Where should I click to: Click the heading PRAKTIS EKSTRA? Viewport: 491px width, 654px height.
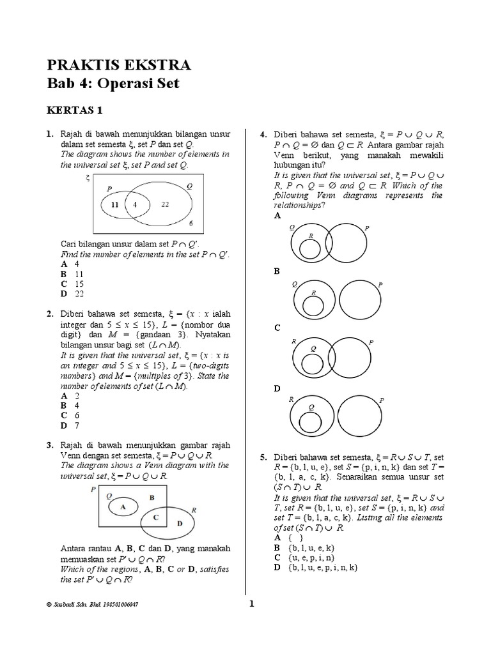118,65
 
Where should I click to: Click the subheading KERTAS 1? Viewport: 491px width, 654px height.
74,110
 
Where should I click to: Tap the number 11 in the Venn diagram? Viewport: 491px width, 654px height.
114,205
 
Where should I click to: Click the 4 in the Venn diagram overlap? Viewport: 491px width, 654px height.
135,205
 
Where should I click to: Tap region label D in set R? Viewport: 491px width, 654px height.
179,522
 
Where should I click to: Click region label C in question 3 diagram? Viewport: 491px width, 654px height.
156,516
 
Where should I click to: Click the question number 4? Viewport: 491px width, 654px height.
262,134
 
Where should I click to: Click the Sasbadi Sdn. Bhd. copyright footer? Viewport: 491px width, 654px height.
93,604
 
